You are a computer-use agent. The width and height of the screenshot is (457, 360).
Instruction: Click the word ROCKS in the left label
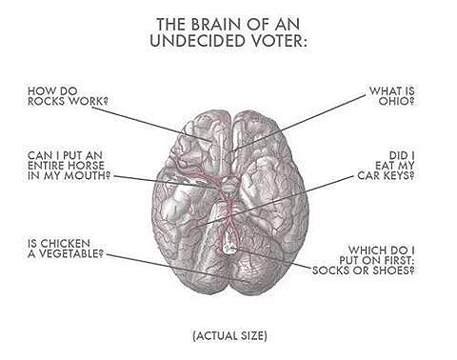coord(48,101)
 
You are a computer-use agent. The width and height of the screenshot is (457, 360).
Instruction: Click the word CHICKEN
coord(66,244)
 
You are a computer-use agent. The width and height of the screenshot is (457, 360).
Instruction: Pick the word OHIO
coord(396,101)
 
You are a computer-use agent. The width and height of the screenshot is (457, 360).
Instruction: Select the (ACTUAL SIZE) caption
coord(229,335)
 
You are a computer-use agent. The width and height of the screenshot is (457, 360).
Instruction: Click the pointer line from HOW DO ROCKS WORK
coord(151,124)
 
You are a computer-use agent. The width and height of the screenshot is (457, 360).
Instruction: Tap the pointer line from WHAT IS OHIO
coord(298,123)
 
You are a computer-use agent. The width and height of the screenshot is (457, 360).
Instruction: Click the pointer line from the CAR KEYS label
coord(273,202)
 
